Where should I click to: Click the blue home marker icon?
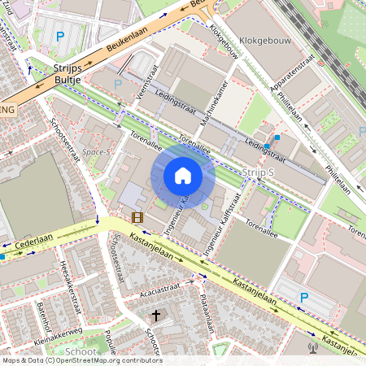tap(183, 176)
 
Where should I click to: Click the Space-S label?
tap(96, 150)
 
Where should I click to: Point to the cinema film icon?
tap(137, 217)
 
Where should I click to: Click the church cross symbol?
tap(156, 315)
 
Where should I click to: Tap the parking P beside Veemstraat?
tap(118, 84)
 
